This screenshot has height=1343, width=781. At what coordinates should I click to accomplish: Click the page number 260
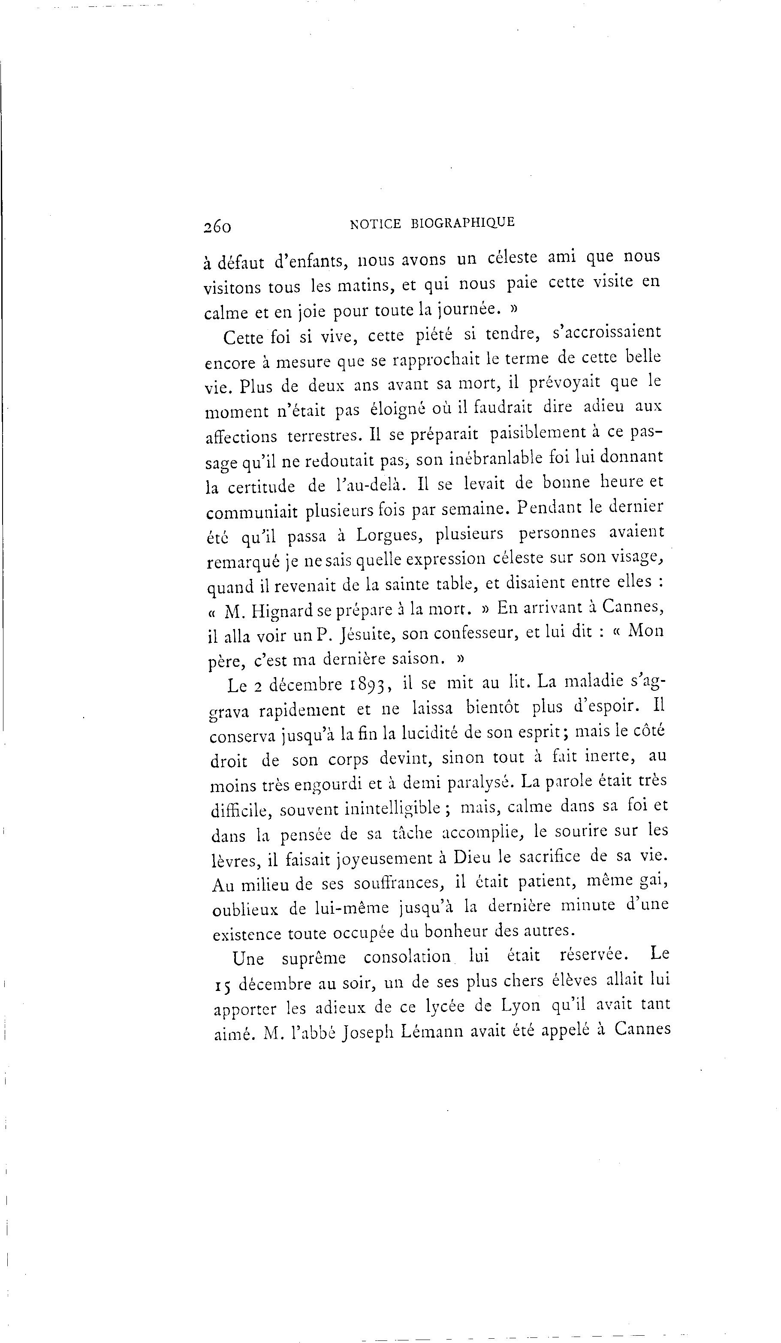[x=217, y=226]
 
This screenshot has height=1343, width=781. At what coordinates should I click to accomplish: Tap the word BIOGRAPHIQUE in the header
[x=463, y=223]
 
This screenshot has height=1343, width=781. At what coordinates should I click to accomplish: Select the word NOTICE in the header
[x=375, y=224]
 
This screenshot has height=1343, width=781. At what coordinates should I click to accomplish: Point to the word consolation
[x=407, y=956]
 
